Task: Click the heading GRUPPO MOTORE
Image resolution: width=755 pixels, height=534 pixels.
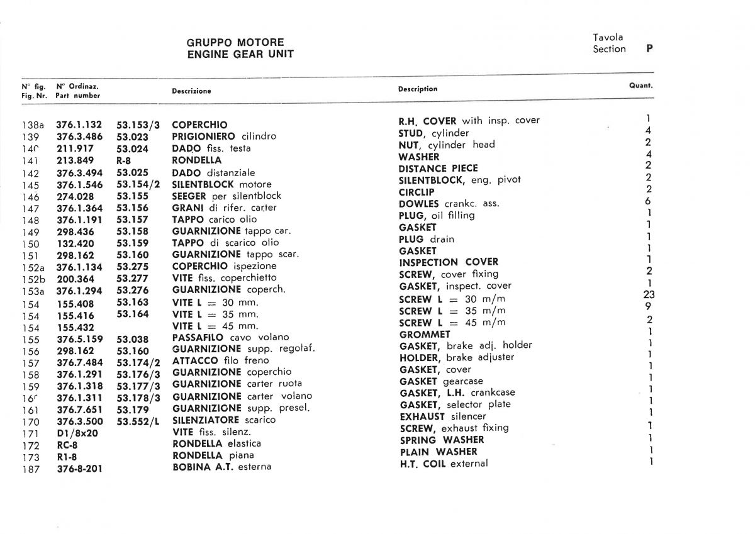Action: [x=235, y=43]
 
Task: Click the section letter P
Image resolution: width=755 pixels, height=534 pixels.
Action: [x=649, y=48]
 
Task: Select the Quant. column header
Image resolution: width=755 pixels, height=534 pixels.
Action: [x=640, y=86]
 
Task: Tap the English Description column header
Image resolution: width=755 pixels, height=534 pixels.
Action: [x=417, y=89]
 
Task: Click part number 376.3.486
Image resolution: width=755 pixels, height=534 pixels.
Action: [x=79, y=136]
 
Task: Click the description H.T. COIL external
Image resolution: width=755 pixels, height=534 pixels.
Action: [x=444, y=464]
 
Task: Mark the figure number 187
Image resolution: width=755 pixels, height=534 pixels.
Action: [x=30, y=469]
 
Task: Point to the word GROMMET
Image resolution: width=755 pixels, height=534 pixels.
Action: [x=425, y=335]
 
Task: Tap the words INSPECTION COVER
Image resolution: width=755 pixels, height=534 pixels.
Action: [x=449, y=262]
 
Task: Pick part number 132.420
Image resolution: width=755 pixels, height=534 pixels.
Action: [x=75, y=243]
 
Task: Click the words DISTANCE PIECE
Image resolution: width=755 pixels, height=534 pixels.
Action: [x=438, y=169]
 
